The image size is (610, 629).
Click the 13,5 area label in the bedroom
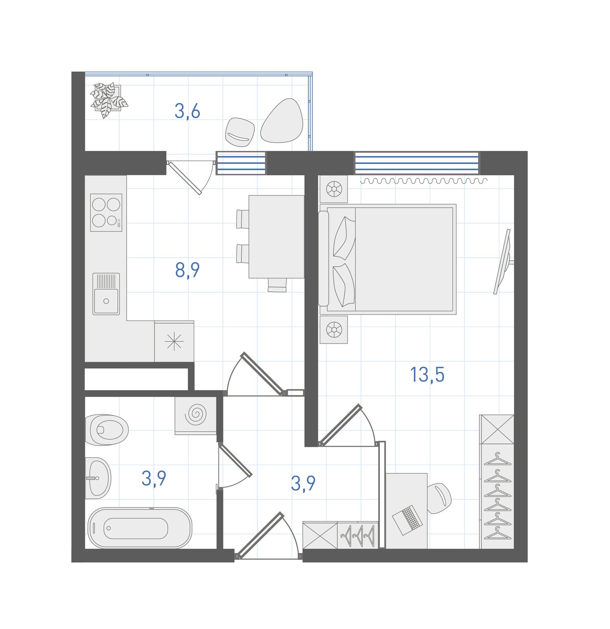427,375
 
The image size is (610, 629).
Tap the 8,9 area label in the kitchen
188,270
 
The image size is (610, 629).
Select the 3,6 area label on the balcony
188,111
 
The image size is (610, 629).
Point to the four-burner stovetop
106,212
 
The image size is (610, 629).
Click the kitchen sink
106,294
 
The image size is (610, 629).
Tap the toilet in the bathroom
107,430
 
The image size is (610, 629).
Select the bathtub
140,528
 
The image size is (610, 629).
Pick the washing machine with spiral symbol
196,415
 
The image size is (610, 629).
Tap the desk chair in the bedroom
439,498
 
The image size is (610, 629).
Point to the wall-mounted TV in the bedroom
503,261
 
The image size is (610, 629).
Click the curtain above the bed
424,181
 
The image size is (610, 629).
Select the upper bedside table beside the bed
334,189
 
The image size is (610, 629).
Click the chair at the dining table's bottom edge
277,285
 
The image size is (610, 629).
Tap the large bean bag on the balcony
282,121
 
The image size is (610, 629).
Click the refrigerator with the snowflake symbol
174,341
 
